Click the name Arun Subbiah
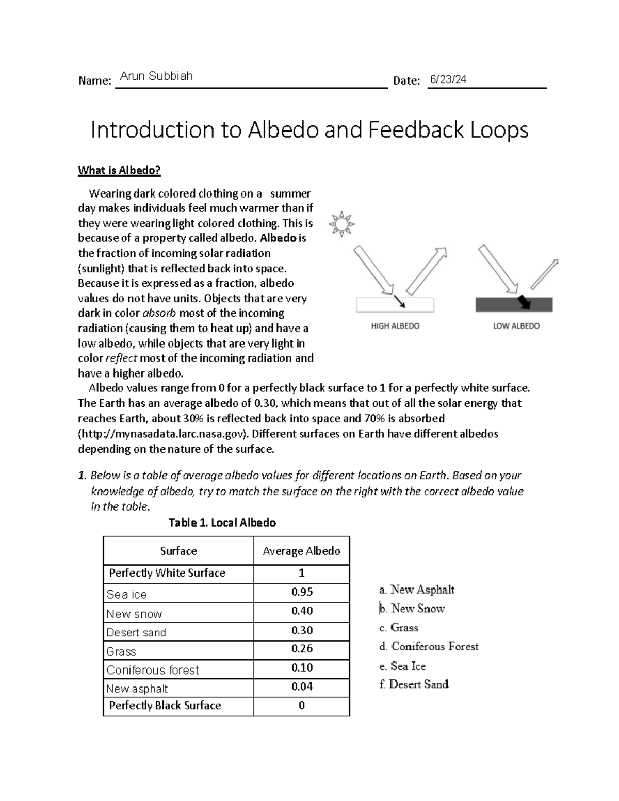click(x=156, y=76)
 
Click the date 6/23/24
click(x=448, y=79)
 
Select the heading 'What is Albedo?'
click(x=119, y=170)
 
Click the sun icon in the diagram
click(x=341, y=224)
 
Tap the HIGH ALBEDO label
click(x=395, y=326)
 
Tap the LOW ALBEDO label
click(x=516, y=326)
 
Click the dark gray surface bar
click(x=514, y=305)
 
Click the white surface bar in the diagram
click(x=395, y=305)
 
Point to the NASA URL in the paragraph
click(x=162, y=434)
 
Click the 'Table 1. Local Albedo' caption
click(x=222, y=522)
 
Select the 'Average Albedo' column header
click(x=301, y=551)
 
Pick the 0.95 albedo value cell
click(x=302, y=592)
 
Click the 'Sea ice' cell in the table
click(x=126, y=595)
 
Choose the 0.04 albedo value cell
click(x=302, y=686)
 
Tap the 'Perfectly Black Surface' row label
click(x=165, y=706)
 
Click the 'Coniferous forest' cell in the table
click(x=152, y=670)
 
